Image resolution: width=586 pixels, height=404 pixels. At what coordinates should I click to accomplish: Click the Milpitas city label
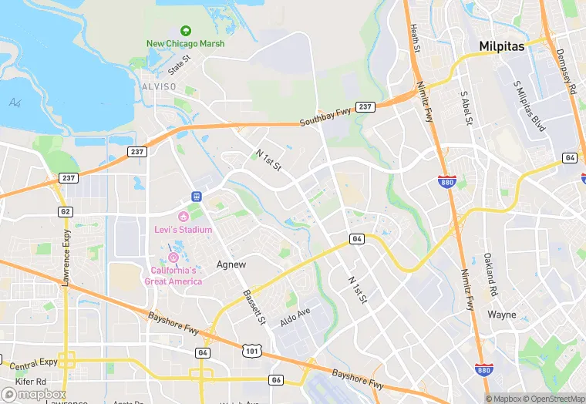point(501,46)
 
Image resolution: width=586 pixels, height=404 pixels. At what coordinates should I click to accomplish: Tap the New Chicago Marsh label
point(186,43)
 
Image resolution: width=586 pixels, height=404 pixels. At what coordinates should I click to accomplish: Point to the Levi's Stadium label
point(184,228)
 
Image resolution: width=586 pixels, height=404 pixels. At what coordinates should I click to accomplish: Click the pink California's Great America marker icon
point(173,257)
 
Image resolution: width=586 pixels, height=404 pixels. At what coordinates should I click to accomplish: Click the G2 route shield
point(65,211)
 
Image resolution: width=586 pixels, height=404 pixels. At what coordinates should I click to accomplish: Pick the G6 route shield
point(276,379)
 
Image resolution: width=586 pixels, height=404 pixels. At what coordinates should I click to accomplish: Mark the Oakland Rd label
point(489,277)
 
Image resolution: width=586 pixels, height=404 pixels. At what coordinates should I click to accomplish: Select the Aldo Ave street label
point(295,316)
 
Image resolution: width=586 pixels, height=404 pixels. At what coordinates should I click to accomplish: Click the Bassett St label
point(254,306)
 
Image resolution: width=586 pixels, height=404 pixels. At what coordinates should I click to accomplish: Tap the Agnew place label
point(231,264)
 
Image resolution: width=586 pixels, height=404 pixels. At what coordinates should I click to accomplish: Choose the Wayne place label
point(502,315)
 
